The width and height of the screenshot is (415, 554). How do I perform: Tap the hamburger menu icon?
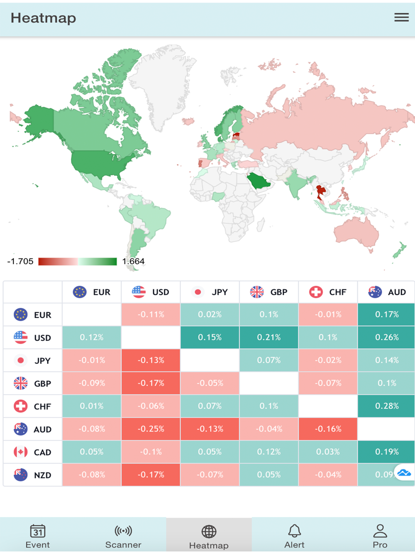tap(401, 17)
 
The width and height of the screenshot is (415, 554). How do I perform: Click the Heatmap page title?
tap(44, 18)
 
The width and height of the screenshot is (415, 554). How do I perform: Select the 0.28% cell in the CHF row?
tap(386, 406)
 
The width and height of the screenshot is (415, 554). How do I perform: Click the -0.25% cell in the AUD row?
tap(151, 429)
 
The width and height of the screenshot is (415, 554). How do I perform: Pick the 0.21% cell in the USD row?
tap(269, 337)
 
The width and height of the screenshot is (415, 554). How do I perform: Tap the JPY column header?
tap(210, 292)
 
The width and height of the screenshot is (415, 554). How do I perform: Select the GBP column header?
tap(269, 292)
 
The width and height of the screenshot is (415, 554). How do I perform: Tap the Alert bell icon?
tap(294, 531)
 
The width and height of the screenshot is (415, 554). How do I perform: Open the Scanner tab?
tap(123, 537)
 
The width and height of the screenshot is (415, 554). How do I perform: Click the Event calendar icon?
tap(38, 531)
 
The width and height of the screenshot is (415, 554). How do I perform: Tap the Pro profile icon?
tap(380, 531)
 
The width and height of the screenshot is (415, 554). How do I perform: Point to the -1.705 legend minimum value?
tap(20, 261)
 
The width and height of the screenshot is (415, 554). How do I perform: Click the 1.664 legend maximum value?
tap(133, 261)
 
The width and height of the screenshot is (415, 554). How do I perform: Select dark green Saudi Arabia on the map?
tap(258, 181)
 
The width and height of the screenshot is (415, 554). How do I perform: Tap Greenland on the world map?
tap(160, 83)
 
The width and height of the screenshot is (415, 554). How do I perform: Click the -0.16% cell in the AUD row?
tap(328, 429)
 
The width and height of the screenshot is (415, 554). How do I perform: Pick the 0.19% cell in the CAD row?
tap(386, 452)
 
